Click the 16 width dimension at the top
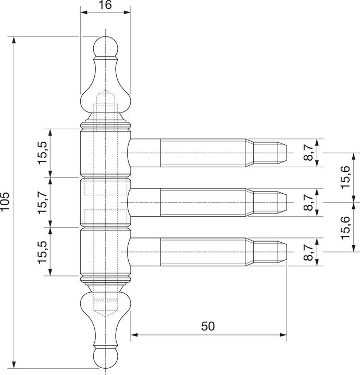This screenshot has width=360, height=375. point(105,6)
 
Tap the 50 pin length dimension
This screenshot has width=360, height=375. point(208,326)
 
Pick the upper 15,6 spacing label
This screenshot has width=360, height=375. point(345,177)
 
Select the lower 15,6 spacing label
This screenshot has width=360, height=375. point(345,227)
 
